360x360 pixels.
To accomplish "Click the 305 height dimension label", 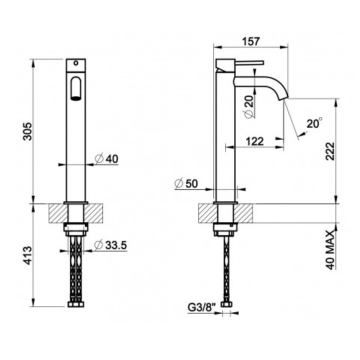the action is tap(28, 131).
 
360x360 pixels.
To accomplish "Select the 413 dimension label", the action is tap(28, 255).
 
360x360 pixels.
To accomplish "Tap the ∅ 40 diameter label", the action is tap(106, 158).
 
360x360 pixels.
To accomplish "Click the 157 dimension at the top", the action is tap(251, 41).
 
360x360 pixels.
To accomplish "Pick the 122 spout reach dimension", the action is tap(254, 141).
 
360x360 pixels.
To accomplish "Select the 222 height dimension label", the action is tap(330, 151).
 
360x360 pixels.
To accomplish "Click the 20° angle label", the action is tap(314, 123).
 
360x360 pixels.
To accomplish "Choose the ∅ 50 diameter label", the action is tap(186, 183).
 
